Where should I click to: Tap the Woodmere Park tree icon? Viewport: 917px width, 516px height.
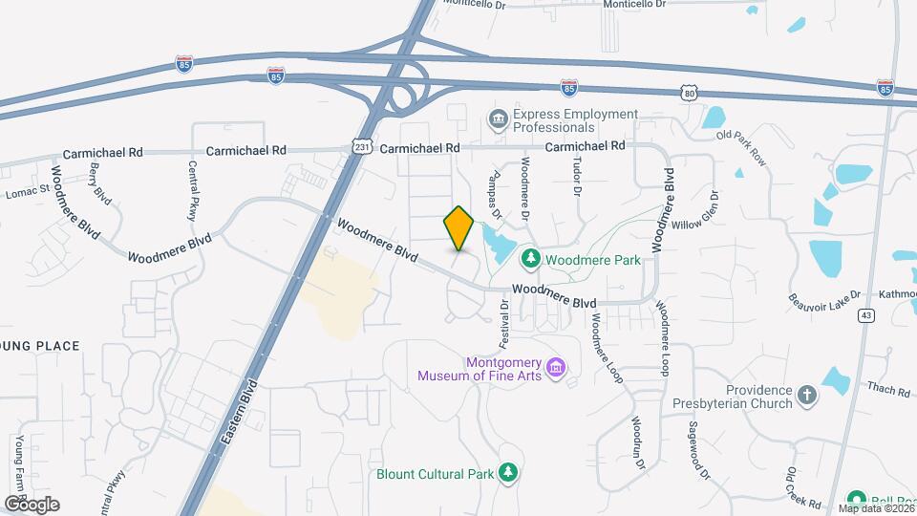[531, 259]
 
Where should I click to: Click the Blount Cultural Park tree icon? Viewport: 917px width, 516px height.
[509, 473]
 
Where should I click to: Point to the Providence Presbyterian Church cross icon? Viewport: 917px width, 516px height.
[807, 397]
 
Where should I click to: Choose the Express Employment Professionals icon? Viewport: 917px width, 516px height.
[498, 120]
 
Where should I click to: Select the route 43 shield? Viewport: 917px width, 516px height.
[866, 315]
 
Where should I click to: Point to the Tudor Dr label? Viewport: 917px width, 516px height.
[577, 178]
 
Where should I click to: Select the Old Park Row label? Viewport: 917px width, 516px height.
[741, 149]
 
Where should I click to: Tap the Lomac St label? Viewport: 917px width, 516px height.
[27, 193]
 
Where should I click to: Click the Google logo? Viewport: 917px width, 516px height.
[32, 505]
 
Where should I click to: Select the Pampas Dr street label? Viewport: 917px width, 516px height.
[495, 178]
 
